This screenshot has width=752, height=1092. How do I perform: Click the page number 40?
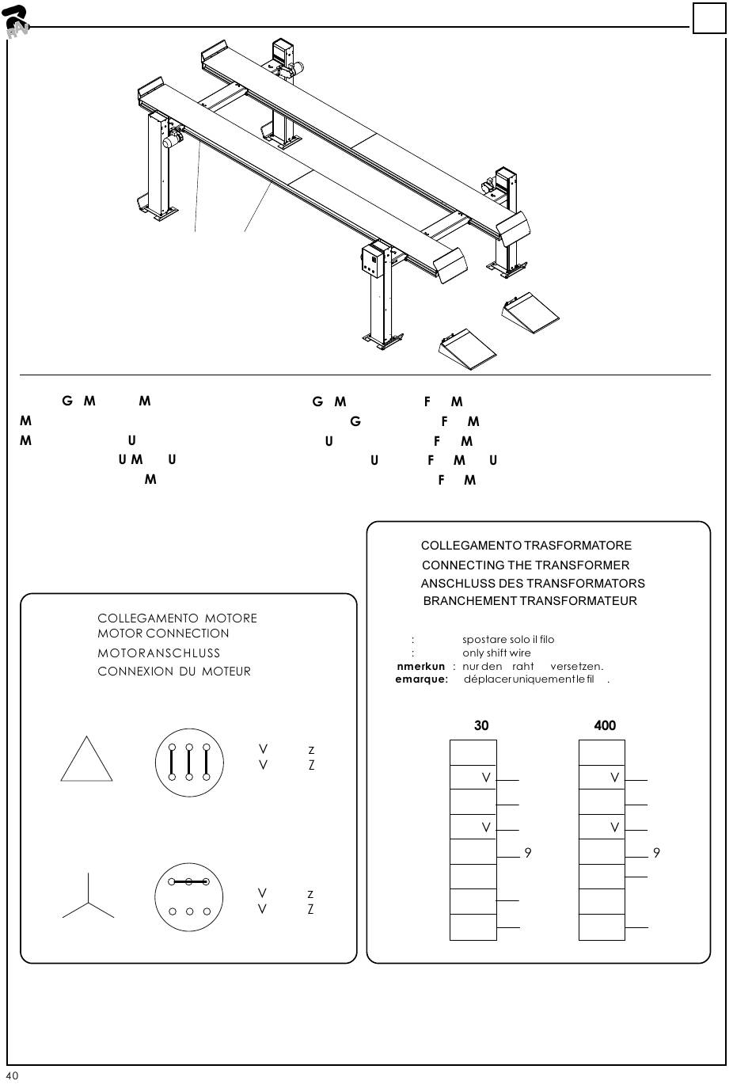12,1075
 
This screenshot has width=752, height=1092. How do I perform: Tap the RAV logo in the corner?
16,21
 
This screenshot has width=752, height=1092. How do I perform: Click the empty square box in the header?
708,18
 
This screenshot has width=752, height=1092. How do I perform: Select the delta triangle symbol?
86,759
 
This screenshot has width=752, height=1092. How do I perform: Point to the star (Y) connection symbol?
88,898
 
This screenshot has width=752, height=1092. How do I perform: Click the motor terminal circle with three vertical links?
189,763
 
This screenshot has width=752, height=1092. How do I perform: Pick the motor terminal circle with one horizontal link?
189,897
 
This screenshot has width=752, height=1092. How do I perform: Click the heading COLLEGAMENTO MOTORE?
177,618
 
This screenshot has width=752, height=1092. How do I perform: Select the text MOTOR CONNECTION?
163,634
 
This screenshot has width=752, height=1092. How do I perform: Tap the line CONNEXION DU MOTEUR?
174,672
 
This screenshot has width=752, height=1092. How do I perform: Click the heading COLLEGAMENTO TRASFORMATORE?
526,546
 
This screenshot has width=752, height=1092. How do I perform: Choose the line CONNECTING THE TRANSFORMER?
526,565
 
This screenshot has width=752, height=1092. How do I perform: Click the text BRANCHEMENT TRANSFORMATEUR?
530,601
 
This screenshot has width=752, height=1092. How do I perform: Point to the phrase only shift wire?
496,653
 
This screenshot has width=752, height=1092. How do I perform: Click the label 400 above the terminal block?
605,725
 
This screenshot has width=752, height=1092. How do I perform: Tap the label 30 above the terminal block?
481,725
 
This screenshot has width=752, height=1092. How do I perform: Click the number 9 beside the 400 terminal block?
656,853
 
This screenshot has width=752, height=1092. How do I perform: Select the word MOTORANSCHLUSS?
158,653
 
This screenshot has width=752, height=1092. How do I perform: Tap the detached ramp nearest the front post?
467,348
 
